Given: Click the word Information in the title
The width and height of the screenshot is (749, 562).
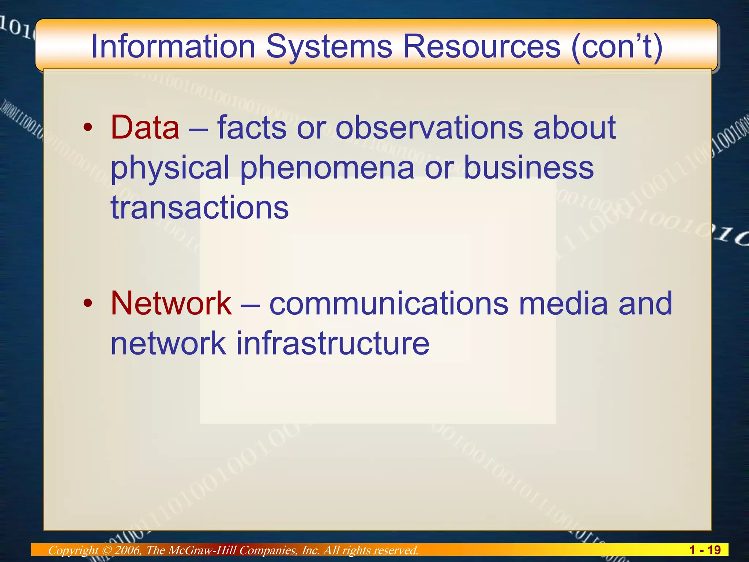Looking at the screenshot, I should (173, 46).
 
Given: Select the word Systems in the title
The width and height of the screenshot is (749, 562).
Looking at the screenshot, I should (329, 46).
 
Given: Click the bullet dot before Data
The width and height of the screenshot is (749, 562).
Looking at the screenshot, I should (87, 128).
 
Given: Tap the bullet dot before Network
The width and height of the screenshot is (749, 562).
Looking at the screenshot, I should (87, 303).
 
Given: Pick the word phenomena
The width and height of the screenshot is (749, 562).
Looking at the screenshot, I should (327, 167).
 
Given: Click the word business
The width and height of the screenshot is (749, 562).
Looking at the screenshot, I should (528, 167).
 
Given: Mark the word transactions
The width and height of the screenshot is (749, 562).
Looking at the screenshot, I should (200, 207).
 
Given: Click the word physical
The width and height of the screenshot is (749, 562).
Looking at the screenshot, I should (170, 167).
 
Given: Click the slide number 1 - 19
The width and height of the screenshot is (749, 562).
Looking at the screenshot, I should (705, 550).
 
